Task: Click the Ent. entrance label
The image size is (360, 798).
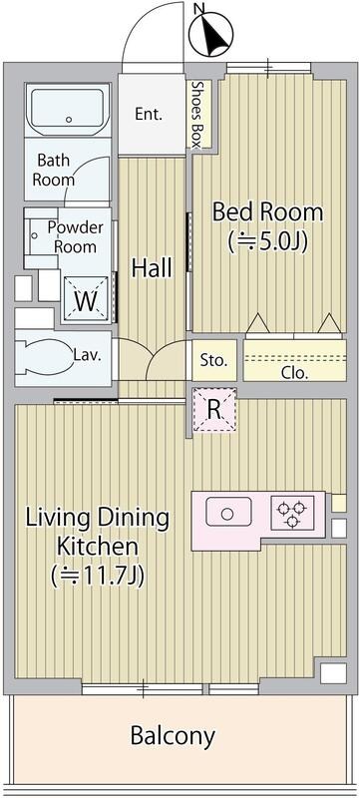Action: [149, 114]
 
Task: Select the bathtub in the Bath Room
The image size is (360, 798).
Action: [68, 110]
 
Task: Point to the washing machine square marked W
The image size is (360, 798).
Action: [86, 298]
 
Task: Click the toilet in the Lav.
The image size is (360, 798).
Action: [44, 355]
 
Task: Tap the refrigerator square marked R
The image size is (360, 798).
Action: [214, 410]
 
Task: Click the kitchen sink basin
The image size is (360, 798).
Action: [228, 512]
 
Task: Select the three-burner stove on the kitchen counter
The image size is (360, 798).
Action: [292, 513]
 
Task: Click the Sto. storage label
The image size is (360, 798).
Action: [213, 361]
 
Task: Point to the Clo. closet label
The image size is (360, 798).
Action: [295, 373]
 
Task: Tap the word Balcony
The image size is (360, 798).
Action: [173, 736]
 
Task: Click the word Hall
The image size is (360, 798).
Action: [152, 267]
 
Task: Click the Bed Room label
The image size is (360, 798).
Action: [267, 211]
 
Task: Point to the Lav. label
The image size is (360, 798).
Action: [87, 355]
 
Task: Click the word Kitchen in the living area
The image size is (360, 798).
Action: [97, 547]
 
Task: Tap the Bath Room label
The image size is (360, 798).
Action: [54, 170]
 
